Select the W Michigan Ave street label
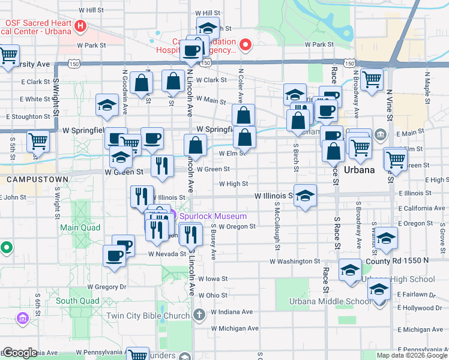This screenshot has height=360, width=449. click(235, 329)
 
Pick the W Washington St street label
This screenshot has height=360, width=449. click(295, 262)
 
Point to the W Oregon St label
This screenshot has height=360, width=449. click(237, 227)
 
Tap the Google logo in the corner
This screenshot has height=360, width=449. click(20, 353)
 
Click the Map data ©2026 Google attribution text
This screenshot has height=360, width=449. click(411, 355)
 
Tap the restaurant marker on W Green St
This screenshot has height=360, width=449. click(161, 165)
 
